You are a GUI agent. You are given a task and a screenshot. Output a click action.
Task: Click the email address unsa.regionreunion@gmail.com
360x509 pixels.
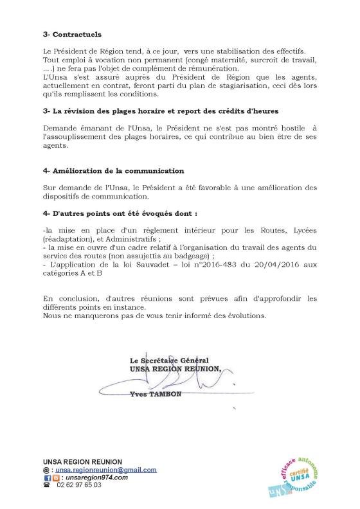(x=105, y=470)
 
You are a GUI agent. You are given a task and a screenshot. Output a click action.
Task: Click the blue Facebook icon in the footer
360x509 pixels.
(x=47, y=478)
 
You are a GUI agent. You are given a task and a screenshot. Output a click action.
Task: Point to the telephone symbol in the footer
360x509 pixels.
(x=46, y=485)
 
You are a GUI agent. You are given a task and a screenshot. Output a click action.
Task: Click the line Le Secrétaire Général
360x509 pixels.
(x=168, y=361)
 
